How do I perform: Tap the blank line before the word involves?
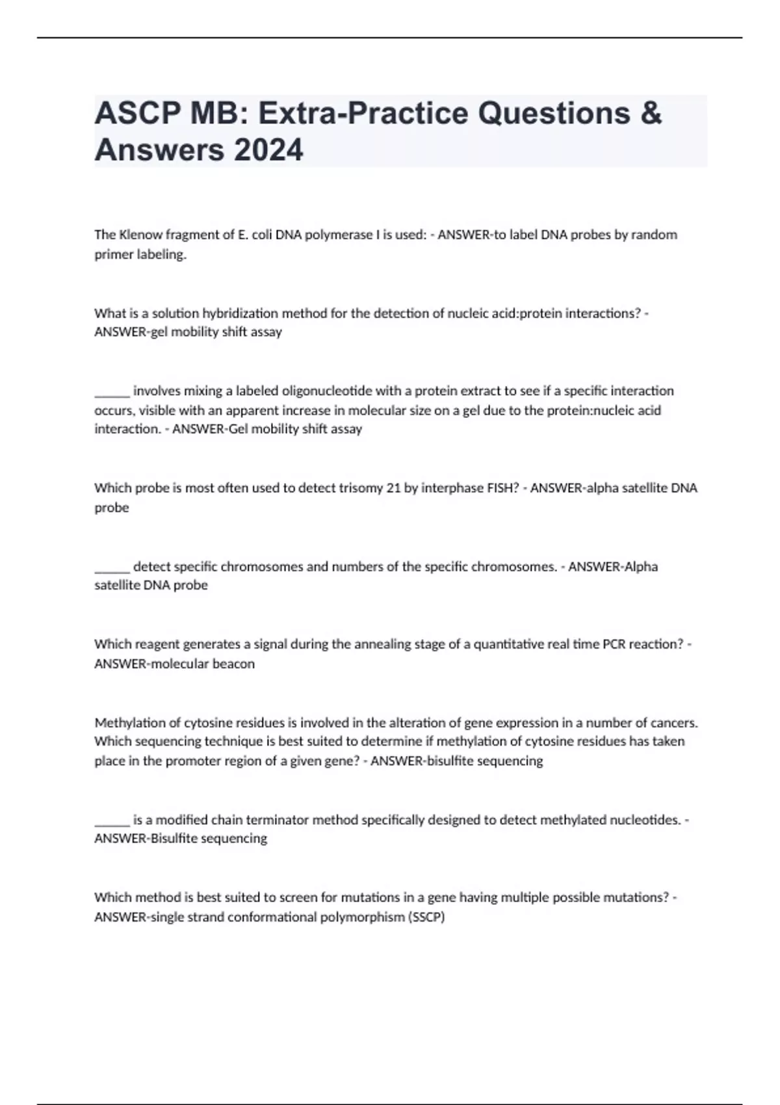click(x=112, y=392)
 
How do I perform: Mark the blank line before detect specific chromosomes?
click(x=112, y=567)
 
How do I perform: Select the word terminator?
click(x=278, y=820)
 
